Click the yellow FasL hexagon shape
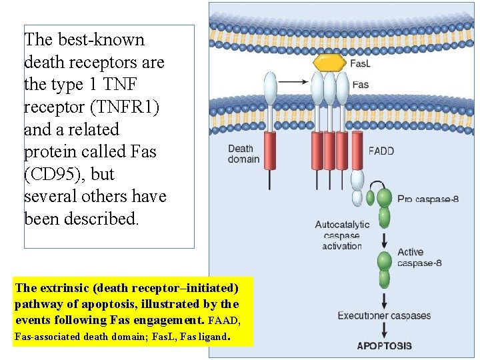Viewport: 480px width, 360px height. point(329,63)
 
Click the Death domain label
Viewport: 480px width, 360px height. point(244,154)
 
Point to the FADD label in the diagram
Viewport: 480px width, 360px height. point(381,151)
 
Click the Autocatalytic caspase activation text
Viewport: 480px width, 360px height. point(341,235)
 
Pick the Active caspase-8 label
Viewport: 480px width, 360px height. point(419,257)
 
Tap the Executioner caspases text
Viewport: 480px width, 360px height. point(384,315)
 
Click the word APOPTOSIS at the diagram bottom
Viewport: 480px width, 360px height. point(384,345)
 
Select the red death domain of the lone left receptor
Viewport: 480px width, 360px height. point(270,151)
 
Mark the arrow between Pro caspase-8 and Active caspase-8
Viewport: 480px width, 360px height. point(384,239)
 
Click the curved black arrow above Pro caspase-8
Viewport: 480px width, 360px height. point(378,185)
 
